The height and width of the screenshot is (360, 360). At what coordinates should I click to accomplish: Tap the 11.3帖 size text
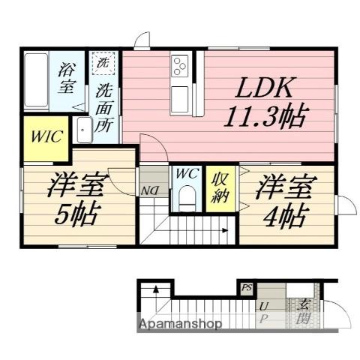click(265, 116)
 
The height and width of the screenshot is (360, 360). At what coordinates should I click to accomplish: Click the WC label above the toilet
click(186, 174)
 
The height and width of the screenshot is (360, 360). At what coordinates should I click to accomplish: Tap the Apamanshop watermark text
click(180, 325)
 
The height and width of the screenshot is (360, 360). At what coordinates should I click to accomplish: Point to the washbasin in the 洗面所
click(84, 132)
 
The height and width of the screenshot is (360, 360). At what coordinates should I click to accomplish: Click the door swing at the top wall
click(143, 39)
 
